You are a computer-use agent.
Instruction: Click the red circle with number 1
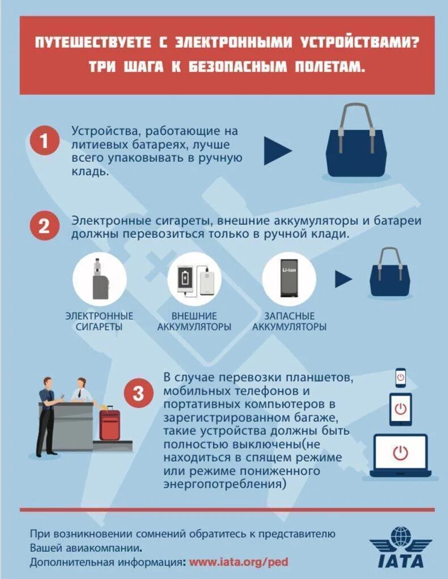(x=45, y=141)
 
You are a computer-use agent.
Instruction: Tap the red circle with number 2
(x=45, y=225)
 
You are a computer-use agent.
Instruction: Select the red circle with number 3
(x=138, y=393)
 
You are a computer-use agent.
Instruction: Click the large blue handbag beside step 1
(x=356, y=142)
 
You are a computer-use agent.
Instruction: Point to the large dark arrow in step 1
(x=277, y=150)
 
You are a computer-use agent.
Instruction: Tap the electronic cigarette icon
(x=100, y=278)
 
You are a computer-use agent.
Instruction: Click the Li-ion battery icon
(x=289, y=278)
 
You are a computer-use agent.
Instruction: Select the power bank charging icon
(x=194, y=279)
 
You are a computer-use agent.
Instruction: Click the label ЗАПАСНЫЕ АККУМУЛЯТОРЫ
(x=289, y=321)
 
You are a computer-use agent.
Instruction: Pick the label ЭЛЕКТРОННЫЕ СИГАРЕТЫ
(x=99, y=321)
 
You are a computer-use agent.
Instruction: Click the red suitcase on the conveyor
(x=109, y=424)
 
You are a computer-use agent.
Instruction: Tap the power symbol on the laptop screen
(x=400, y=453)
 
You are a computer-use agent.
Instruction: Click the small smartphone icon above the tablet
(x=400, y=377)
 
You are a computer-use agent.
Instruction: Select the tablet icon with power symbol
(x=400, y=409)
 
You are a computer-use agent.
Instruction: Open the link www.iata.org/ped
(x=239, y=562)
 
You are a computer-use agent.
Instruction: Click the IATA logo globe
(x=400, y=537)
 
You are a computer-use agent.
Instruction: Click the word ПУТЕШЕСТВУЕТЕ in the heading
(x=93, y=43)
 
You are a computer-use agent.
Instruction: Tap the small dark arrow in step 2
(x=343, y=279)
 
